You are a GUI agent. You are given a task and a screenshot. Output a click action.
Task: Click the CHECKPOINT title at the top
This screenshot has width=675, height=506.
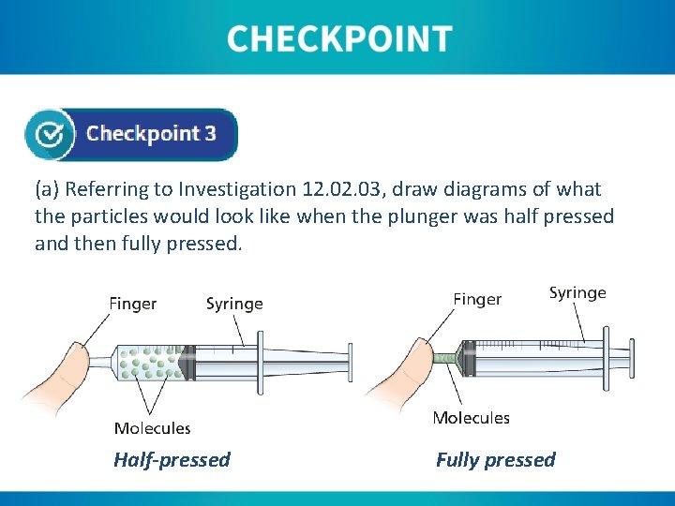[338, 39]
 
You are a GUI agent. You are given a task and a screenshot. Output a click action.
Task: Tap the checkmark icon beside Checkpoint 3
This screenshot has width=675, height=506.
[50, 134]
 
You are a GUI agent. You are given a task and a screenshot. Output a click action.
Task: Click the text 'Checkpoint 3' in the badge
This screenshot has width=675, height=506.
[151, 133]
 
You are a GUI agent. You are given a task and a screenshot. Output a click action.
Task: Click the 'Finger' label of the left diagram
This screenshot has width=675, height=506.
[133, 304]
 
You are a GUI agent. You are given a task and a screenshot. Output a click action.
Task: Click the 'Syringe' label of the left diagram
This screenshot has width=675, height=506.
[234, 304]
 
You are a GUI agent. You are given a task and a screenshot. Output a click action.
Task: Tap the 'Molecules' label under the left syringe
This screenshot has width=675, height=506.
[152, 428]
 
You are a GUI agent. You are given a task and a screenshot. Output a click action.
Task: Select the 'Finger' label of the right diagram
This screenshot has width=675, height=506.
[477, 300]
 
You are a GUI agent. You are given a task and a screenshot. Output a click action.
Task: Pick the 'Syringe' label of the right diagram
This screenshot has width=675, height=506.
[577, 293]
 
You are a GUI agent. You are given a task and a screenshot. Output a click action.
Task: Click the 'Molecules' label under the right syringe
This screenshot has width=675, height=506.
[471, 418]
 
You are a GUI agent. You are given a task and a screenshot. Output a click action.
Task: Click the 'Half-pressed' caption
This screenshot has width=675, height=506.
[172, 460]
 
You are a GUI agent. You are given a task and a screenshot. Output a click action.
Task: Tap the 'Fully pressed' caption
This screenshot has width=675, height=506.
[495, 460]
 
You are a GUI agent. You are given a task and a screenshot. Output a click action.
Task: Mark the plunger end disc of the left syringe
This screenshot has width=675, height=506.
[350, 362]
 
